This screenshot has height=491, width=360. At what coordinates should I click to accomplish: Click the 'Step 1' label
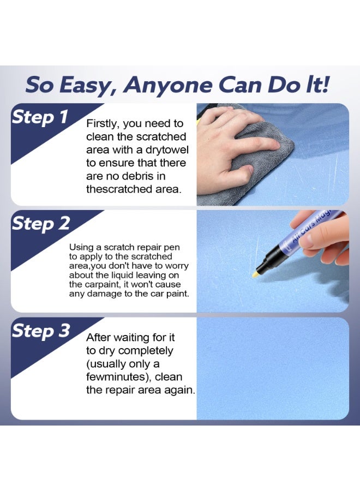coord(40,117)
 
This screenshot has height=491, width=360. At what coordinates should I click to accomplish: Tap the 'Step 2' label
coord(41,224)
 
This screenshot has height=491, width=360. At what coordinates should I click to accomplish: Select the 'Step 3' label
coord(41,331)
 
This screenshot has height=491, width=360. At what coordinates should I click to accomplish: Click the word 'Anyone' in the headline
coord(168,86)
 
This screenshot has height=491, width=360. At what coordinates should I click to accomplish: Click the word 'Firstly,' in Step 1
coord(103,124)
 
